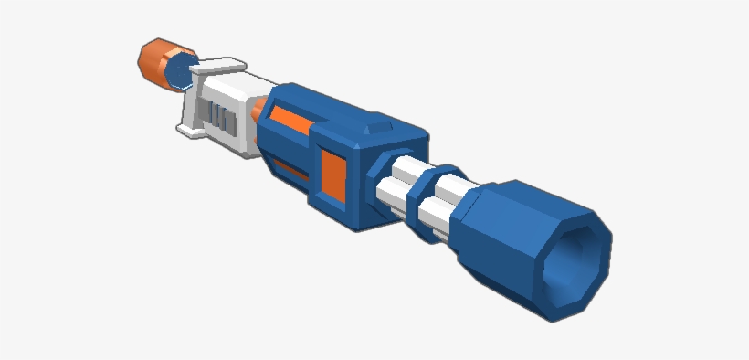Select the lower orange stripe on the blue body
pos(290,171)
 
